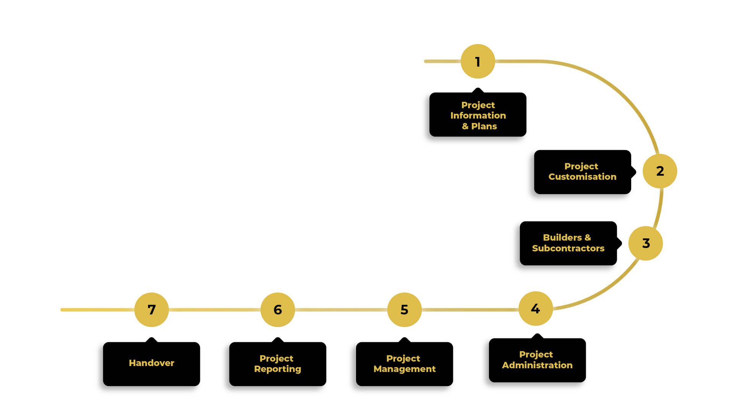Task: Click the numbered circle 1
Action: [x=477, y=61]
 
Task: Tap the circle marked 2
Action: [x=659, y=171]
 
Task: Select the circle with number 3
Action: [x=645, y=243]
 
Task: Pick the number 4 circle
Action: [x=535, y=309]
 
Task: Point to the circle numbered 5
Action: [x=404, y=310]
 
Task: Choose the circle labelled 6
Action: [x=278, y=310]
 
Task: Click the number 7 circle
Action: [x=151, y=310]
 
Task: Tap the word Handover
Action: [x=151, y=363]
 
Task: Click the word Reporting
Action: [x=278, y=369]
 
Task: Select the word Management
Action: [x=404, y=369]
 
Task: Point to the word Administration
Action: [x=537, y=365]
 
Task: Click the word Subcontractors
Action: [x=568, y=248]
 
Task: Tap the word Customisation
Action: [x=582, y=177]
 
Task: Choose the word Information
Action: [x=478, y=115]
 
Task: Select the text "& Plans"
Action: [x=479, y=126]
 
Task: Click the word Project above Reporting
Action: [x=276, y=358]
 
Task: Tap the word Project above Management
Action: [x=403, y=358]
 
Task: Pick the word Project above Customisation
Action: [x=581, y=166]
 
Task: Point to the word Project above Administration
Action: [x=536, y=354]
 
